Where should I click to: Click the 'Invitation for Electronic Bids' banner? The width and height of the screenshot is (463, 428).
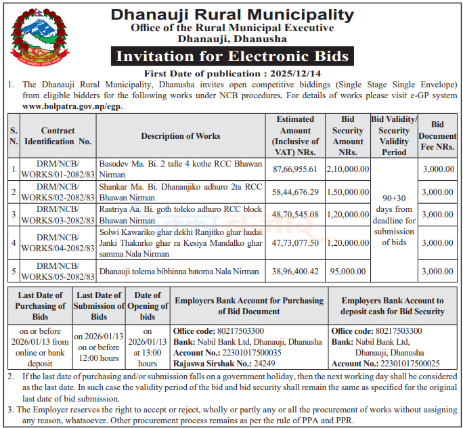(232, 56)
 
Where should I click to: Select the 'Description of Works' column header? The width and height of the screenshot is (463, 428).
(180, 136)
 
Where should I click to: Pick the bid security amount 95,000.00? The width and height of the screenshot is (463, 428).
(348, 272)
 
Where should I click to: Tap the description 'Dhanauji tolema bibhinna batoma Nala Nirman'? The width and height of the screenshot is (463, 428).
(180, 272)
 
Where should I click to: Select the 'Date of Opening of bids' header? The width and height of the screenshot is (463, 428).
(148, 306)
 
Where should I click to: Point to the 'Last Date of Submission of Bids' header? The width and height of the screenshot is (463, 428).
(99, 306)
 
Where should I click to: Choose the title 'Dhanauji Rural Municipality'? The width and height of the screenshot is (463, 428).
(232, 14)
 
